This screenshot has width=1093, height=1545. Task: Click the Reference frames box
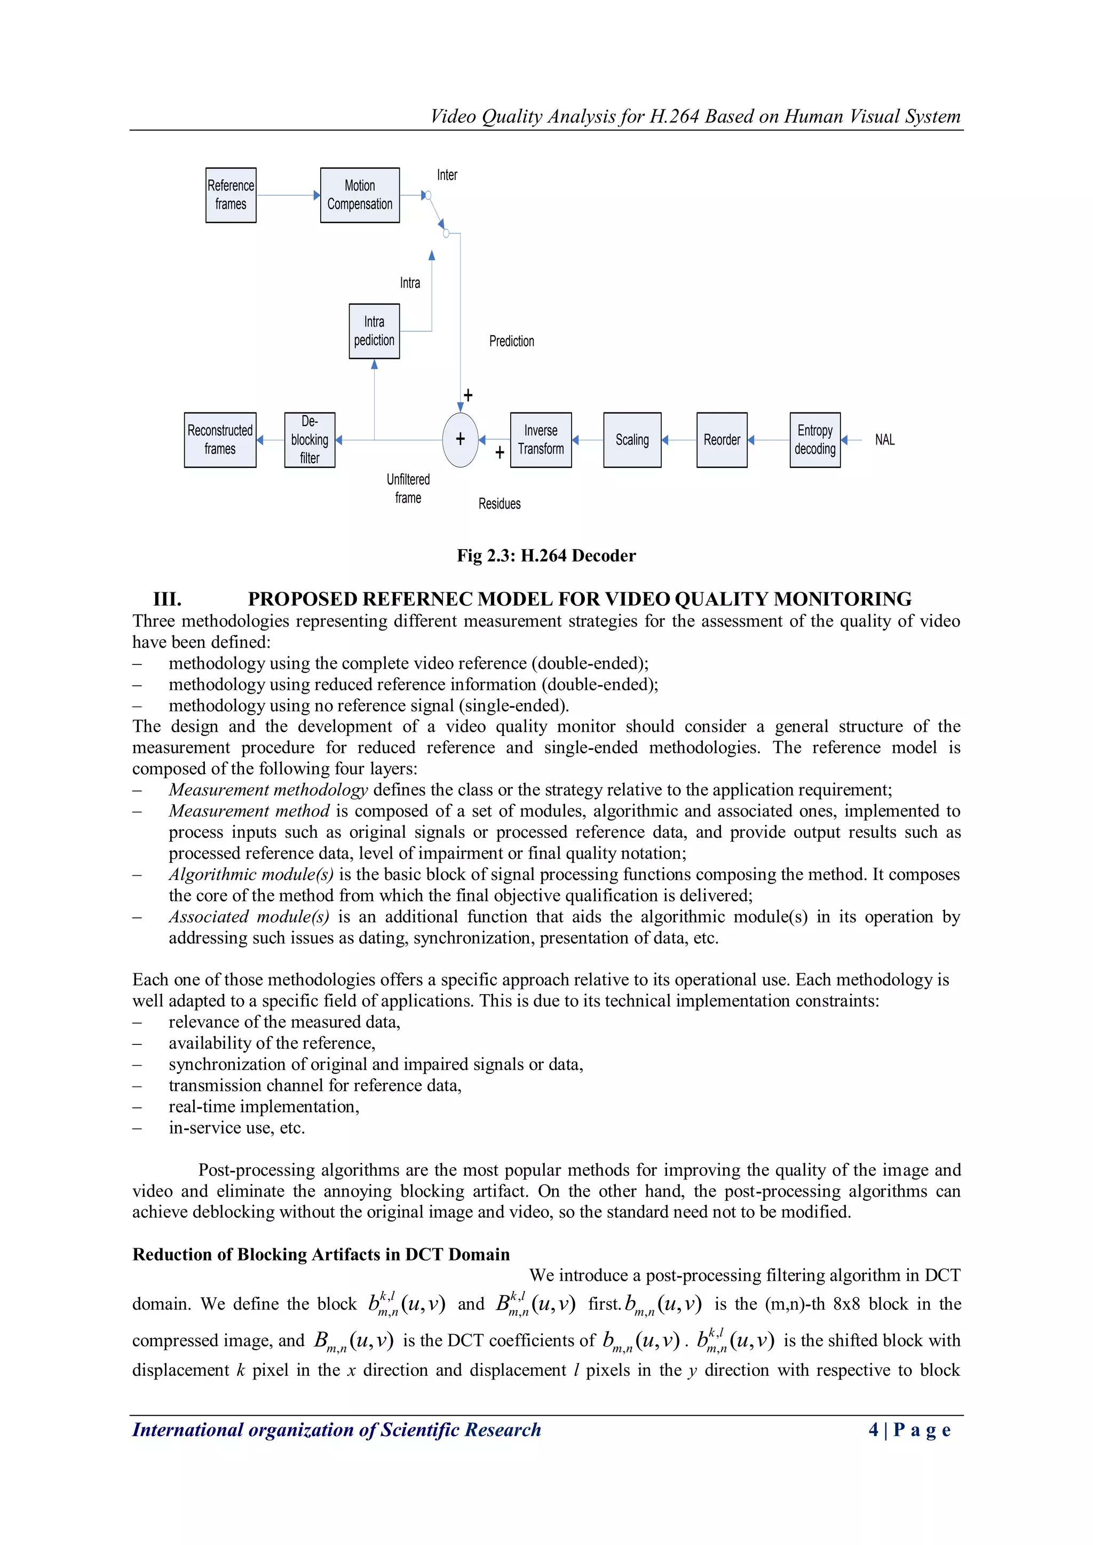coord(231,195)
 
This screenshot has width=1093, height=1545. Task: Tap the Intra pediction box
coord(374,331)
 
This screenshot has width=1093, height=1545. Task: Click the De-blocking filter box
coord(310,440)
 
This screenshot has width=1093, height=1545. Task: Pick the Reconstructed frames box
coord(220,440)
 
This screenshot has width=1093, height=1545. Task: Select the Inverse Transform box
coord(541,440)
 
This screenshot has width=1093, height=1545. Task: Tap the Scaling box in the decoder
coord(632,440)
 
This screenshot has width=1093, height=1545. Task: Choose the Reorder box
coord(722,440)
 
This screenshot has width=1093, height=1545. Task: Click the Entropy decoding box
coord(814,440)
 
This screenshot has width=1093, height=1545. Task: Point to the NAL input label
coord(884,440)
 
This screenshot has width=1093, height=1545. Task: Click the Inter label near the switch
coord(447,176)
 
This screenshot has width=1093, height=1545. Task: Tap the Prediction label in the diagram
coord(511,341)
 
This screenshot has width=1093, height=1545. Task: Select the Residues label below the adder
coord(500,504)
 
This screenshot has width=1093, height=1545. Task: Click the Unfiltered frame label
coord(408,488)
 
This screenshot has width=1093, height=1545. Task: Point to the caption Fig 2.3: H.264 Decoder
coord(546,556)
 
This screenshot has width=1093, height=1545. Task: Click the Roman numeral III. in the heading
coord(167,599)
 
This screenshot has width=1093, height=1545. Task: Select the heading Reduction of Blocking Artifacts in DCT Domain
coord(321,1254)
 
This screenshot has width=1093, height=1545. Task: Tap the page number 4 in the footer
coord(874,1429)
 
